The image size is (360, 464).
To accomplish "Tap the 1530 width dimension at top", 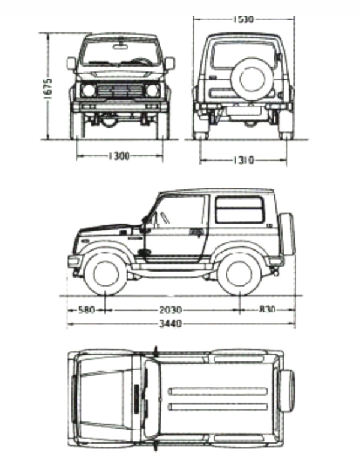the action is point(243,19).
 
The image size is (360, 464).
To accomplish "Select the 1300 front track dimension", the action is point(119,156).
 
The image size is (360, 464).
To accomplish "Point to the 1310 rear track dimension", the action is point(243,160).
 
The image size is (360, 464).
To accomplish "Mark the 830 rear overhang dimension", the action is point(267,311).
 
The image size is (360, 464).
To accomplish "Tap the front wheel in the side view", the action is point(106,273).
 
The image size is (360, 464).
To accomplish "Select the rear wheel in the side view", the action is point(239,273).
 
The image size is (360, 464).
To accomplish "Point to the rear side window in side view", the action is point(239,209).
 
